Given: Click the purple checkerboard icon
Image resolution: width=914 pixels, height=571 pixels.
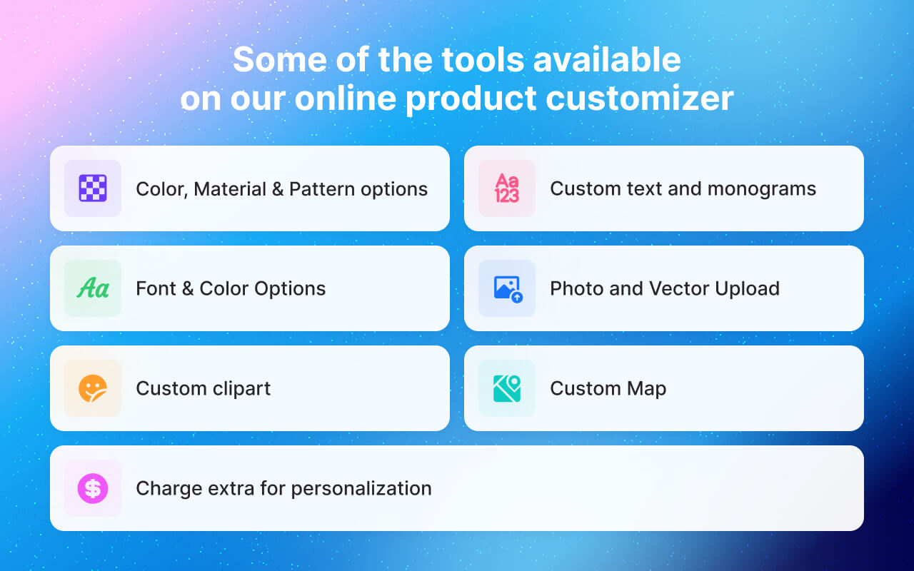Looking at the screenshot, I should click(93, 188).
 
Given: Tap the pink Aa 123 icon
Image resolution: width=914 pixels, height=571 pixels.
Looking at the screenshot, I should click(507, 188).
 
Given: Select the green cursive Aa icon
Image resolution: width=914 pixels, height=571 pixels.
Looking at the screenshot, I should click(93, 288).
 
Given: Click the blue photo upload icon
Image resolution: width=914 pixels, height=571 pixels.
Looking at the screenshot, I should click(508, 288).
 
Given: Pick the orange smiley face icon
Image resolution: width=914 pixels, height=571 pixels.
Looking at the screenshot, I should click(93, 388).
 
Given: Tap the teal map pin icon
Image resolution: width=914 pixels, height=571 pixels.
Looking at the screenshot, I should click(507, 388).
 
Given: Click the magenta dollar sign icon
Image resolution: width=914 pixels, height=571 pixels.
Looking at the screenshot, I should click(93, 488).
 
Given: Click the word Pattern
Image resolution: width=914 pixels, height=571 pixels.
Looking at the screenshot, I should click(321, 189).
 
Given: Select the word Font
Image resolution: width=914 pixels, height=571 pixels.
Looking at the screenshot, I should click(154, 288).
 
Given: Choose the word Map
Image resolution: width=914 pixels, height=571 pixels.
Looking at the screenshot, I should click(646, 389).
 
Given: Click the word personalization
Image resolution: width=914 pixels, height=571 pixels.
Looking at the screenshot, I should click(361, 489).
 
